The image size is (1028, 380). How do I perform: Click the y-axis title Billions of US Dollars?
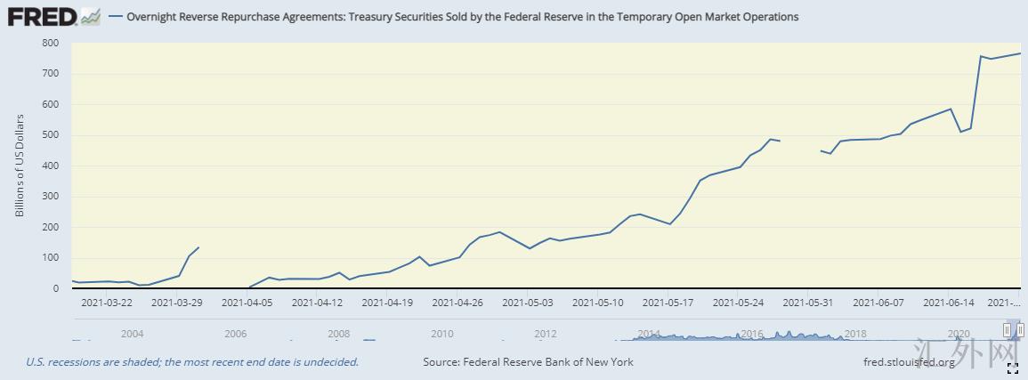[x=20, y=166]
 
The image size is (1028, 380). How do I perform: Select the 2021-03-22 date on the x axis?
[x=106, y=303]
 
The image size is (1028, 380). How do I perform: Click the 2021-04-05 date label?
[x=247, y=303]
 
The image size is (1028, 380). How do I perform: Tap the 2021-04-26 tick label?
[x=457, y=303]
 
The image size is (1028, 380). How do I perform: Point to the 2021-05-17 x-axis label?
[x=667, y=303]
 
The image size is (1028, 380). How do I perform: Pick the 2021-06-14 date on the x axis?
[x=948, y=303]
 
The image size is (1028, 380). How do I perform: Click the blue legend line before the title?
[x=115, y=17]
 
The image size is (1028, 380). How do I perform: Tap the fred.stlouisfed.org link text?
[x=909, y=362]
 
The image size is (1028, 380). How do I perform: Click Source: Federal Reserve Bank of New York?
[x=528, y=362]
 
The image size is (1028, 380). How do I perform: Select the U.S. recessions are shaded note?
[x=192, y=362]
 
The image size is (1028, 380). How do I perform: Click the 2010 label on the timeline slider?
[x=442, y=334]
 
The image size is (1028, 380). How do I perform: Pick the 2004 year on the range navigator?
[x=132, y=334]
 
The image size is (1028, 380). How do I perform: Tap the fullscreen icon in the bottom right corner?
[x=1012, y=367]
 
